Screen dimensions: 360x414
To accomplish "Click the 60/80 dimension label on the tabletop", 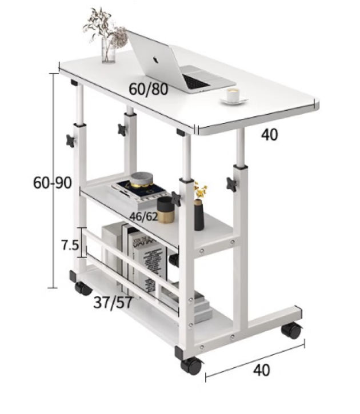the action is [148, 89].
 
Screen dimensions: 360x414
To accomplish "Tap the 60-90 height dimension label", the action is [53, 182].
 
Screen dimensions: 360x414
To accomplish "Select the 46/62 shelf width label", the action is [143, 216].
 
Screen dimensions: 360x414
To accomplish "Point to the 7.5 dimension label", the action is [70, 246].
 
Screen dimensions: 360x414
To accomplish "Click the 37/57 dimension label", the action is [113, 302].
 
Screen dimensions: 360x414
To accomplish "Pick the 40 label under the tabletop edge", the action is [269, 135].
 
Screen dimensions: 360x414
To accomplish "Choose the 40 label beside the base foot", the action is [262, 370].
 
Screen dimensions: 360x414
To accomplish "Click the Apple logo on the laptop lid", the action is [155, 59].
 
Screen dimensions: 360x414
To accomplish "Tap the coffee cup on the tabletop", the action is [234, 95].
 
